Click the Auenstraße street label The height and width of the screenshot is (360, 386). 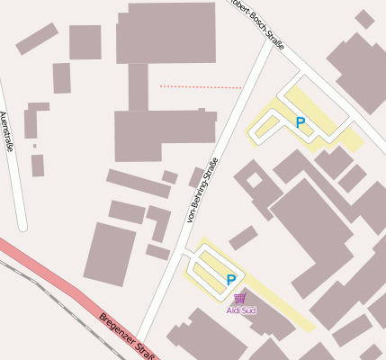[x=7, y=130]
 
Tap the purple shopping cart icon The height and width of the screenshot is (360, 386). [x=239, y=298]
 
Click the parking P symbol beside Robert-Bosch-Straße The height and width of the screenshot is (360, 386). [x=301, y=122]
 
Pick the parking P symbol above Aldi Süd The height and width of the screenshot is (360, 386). [x=231, y=280]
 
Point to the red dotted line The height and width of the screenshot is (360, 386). [x=201, y=86]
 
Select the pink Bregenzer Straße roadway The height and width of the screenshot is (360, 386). [x=63, y=288]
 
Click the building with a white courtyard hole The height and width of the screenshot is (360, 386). [x=254, y=180]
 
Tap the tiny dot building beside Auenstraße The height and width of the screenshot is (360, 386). [x=35, y=146]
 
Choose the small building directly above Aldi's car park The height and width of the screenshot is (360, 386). [x=243, y=238]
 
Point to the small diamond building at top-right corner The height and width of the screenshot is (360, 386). [x=364, y=19]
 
